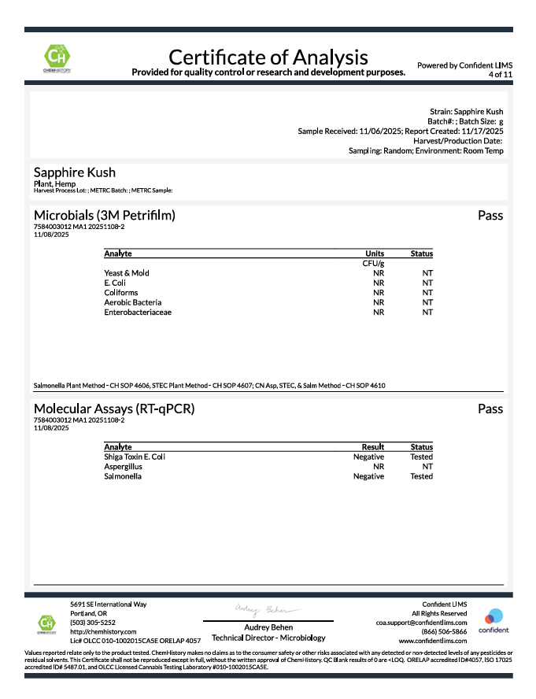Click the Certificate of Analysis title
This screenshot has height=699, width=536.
point(268,57)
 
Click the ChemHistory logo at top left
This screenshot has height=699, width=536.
point(56,59)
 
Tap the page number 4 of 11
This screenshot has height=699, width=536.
point(500,74)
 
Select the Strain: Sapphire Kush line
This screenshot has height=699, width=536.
point(467,112)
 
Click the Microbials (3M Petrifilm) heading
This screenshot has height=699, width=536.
point(104,215)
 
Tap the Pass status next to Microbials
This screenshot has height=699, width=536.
point(490,215)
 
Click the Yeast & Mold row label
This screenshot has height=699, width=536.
point(126,273)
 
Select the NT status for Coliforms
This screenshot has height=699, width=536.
point(427,293)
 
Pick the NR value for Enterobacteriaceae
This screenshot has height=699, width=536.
point(379,313)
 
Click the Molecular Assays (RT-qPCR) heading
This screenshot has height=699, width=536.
point(114,409)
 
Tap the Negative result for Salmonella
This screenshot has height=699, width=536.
point(368,476)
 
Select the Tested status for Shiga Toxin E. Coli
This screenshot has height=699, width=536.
point(421,457)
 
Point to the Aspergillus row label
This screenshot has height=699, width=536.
point(123,467)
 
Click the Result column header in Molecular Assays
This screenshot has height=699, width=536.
point(372,447)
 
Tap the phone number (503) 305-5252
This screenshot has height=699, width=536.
point(93,622)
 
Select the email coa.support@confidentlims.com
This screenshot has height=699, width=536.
point(421,622)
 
